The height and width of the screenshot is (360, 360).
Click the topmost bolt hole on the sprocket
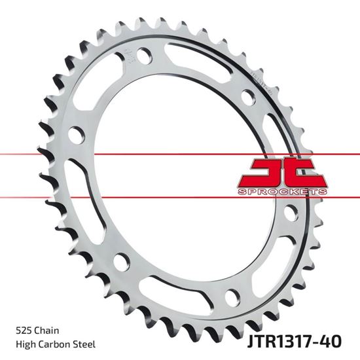coord(145,56)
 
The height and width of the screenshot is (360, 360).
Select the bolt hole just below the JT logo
coord(290,213)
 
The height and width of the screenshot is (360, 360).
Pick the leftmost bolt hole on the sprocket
coord(77,135)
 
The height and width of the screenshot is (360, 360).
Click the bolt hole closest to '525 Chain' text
coord(121,261)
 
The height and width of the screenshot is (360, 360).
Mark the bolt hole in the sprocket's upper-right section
coord(248,98)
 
